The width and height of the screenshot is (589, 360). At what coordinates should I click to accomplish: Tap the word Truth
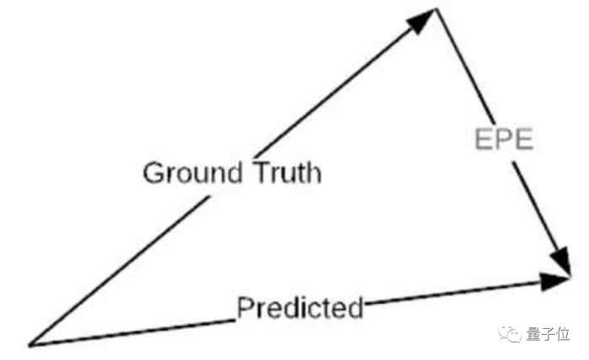coord(287,173)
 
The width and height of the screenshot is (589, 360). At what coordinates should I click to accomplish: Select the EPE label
coord(502,140)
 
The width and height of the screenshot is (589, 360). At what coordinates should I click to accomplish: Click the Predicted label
coord(300,308)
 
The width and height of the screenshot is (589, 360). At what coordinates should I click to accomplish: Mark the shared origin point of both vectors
coord(30,344)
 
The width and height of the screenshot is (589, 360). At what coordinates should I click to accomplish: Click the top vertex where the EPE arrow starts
coord(436,10)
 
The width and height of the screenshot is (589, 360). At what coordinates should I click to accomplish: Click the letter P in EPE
coord(503,140)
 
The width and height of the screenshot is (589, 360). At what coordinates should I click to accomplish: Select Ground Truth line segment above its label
coord(337,93)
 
